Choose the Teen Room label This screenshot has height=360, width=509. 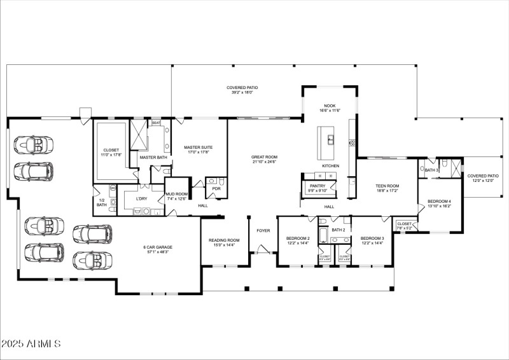click(x=387, y=188)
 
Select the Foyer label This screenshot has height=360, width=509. click(x=263, y=230)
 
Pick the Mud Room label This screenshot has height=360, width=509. click(x=176, y=196)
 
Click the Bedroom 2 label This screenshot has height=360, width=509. click(x=298, y=240)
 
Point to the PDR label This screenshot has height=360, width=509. click(x=216, y=188)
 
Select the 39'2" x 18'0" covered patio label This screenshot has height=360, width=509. click(x=242, y=90)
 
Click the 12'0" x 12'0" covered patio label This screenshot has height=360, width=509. click(x=483, y=178)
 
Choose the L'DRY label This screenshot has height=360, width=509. click(x=142, y=198)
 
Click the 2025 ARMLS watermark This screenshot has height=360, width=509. click(x=31, y=344)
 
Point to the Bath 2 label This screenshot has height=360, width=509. click(x=338, y=230)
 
